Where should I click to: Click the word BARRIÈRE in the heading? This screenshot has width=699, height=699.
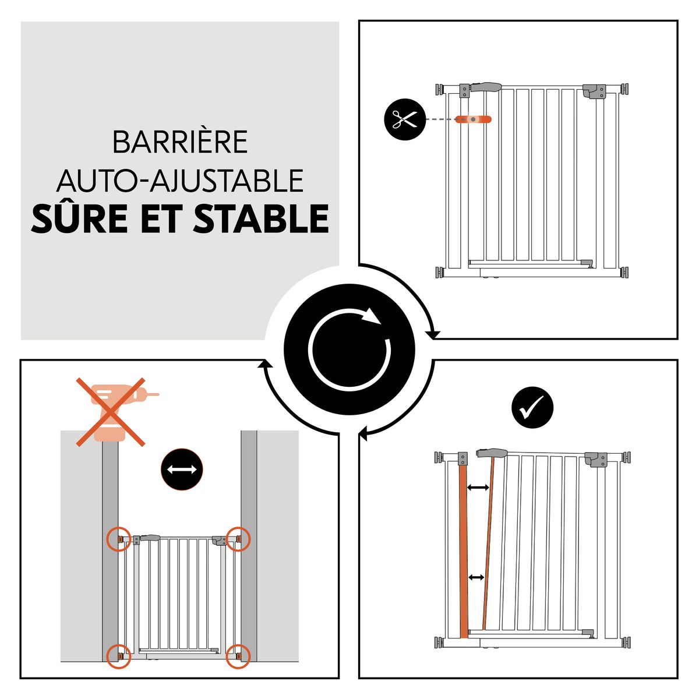(x=180, y=143)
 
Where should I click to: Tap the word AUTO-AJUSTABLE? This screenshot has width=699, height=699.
(x=180, y=181)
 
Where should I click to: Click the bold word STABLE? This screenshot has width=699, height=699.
(x=262, y=218)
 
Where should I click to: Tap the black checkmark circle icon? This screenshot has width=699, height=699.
(x=532, y=408)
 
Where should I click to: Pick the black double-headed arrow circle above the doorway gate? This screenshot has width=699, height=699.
(x=181, y=469)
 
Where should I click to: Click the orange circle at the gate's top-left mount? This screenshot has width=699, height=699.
(x=119, y=539)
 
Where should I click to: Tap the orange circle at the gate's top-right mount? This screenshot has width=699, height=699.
(x=238, y=539)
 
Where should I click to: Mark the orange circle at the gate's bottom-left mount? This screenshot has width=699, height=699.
(x=119, y=656)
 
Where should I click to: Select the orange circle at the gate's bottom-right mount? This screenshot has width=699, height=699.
(x=238, y=656)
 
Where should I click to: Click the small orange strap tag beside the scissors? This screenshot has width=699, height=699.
(x=474, y=119)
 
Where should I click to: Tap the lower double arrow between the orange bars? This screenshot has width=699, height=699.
(x=476, y=577)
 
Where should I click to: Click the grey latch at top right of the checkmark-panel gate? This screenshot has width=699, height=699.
(x=596, y=460)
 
